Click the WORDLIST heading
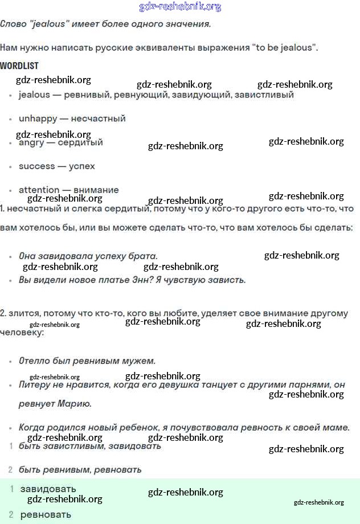pos(19,66)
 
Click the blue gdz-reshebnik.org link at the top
pos(180,7)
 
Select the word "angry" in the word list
pos(31,143)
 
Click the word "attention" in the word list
pos(39,190)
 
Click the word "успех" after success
pos(81,166)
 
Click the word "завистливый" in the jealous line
pos(265,95)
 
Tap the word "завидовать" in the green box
pos(48,489)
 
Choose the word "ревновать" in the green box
pos(46,515)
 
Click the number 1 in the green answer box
pos(11,489)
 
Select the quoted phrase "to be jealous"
pos(283,48)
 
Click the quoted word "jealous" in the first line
pos(51,24)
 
